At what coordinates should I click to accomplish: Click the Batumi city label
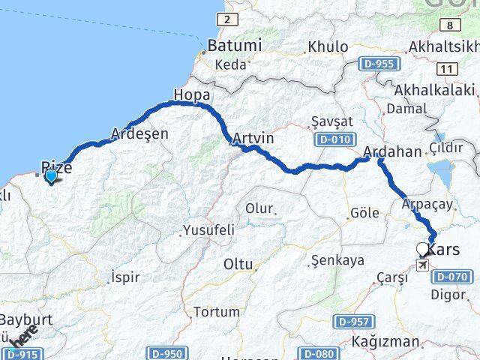coord(235,46)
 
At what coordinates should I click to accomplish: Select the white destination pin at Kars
coord(424,250)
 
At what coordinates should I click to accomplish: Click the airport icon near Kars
coord(423,265)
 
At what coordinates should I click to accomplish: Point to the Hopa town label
coord(191,95)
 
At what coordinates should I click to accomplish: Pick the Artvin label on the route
coord(253,139)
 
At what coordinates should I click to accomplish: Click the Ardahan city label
coord(392,152)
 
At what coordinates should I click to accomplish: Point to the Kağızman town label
coord(385,342)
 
